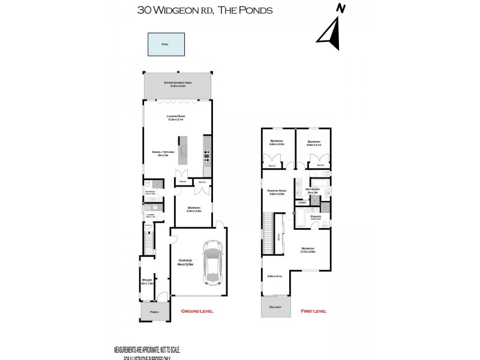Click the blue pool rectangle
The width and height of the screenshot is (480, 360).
[x=165, y=44]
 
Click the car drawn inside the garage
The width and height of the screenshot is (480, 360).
[x=213, y=262]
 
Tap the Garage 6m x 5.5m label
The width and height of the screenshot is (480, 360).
[x=185, y=262]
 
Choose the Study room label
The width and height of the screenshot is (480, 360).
[x=147, y=281]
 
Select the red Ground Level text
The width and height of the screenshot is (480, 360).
[x=197, y=311]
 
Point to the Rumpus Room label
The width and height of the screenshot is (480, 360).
[x=277, y=192]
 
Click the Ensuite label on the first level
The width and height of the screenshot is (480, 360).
[x=316, y=217]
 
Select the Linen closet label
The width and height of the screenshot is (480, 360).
[x=303, y=203]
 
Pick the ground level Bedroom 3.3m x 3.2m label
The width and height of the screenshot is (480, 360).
[x=193, y=209]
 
